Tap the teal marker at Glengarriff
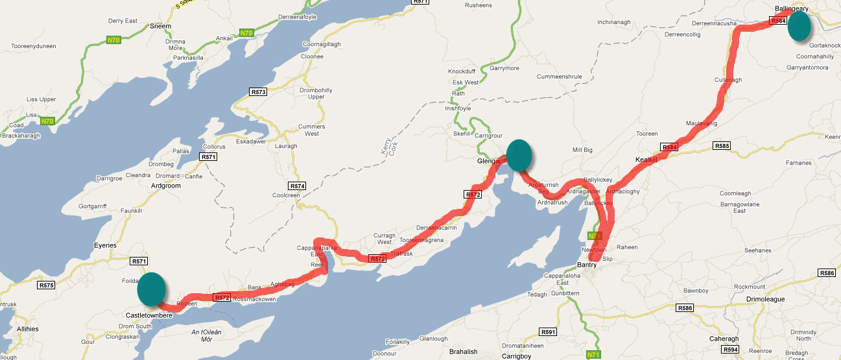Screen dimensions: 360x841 pos(519,155)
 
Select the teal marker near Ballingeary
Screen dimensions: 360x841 pos(800,27)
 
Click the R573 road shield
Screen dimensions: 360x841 pos(258,92)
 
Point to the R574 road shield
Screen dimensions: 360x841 pos(297,186)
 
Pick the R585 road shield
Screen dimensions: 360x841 pos(721,146)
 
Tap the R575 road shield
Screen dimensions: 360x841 pos(46,285)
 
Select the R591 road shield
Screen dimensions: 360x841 pos(548,332)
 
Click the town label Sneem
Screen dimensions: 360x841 pos(160,27)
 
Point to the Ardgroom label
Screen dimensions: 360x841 pos(165,186)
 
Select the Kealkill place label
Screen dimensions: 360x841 pos(646,160)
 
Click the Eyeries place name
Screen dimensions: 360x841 pos(104,245)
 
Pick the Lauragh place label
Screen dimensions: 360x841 pos(285,146)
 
